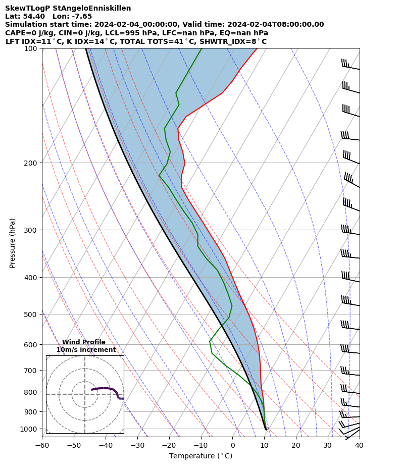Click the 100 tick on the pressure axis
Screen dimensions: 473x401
(32, 48)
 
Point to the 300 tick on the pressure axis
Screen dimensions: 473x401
(32, 230)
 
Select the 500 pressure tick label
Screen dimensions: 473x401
(32, 314)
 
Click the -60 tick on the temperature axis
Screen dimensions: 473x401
(42, 446)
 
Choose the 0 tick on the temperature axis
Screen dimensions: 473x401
(232, 446)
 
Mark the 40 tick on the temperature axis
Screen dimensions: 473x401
(359, 446)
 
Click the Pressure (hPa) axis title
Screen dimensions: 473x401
(13, 243)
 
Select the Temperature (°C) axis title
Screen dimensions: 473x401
(201, 456)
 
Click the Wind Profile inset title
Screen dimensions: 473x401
(84, 342)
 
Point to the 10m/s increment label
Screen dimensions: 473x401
(86, 350)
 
